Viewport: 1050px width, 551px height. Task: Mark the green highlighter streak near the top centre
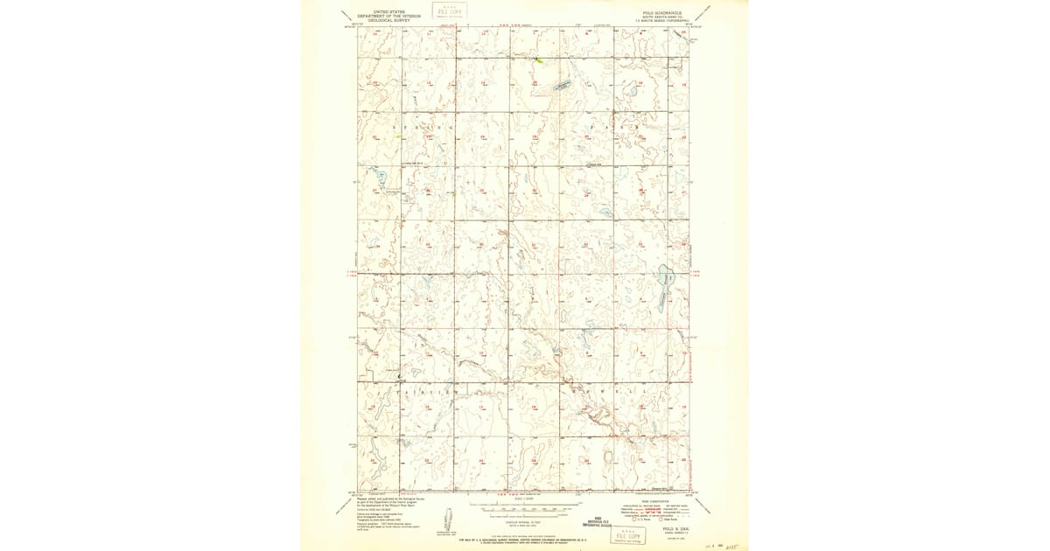click(541, 60)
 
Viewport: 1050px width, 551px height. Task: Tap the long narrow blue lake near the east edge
click(664, 289)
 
